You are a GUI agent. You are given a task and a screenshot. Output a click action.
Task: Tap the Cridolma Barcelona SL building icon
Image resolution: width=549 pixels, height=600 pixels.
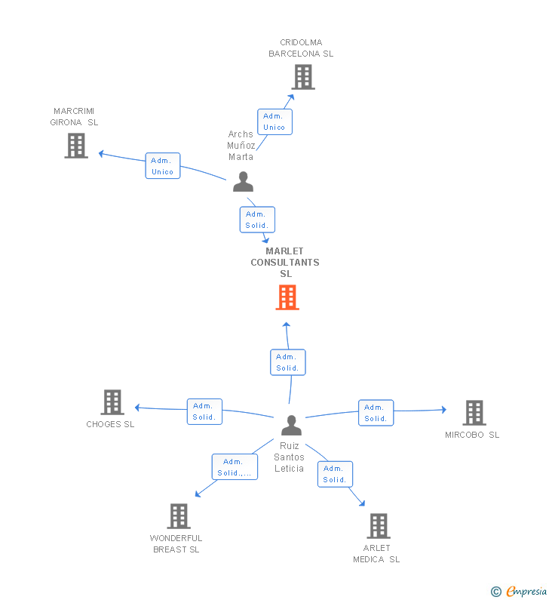tap(302, 77)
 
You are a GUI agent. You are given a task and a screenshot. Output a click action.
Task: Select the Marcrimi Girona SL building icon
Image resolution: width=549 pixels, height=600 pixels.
tap(76, 146)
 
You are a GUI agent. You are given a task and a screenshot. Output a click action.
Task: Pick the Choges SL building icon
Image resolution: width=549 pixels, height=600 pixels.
tap(112, 402)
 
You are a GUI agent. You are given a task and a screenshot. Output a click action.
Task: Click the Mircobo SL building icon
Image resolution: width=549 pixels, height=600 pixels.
tap(474, 413)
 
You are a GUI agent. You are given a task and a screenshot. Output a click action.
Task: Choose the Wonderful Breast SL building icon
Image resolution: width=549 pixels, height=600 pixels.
tap(178, 516)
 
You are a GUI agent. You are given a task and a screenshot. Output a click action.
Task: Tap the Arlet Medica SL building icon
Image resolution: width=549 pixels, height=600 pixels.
tap(378, 526)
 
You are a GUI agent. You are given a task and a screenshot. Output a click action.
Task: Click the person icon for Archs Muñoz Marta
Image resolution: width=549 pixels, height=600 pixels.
tap(243, 183)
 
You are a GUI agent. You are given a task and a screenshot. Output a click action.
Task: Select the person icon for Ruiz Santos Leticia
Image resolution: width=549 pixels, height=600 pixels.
tap(291, 426)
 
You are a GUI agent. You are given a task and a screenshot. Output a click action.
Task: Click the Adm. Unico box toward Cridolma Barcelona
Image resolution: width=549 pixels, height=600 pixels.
tap(274, 122)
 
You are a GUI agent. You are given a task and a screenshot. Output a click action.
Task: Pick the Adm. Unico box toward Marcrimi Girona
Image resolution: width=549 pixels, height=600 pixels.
tap(163, 166)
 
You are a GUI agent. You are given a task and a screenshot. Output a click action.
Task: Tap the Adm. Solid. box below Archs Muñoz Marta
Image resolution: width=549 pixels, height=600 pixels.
tap(257, 220)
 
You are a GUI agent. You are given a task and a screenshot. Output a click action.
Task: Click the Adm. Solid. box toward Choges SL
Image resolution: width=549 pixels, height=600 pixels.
tap(204, 411)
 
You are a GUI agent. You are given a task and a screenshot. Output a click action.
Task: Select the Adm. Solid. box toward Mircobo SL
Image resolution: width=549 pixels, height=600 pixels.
tap(376, 413)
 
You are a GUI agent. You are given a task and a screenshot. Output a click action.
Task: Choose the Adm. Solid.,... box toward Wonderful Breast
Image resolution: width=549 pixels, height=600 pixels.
tap(235, 467)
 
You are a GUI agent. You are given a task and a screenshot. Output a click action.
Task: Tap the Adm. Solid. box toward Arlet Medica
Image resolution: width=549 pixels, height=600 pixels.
tap(335, 474)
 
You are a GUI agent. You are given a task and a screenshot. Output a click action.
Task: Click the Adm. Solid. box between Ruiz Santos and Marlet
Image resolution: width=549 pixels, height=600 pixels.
tap(287, 362)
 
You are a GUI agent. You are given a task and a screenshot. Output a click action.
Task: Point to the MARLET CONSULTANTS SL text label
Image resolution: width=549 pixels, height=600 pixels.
tap(285, 263)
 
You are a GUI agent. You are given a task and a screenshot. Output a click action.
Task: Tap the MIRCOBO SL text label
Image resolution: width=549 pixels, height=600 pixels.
tap(472, 435)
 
